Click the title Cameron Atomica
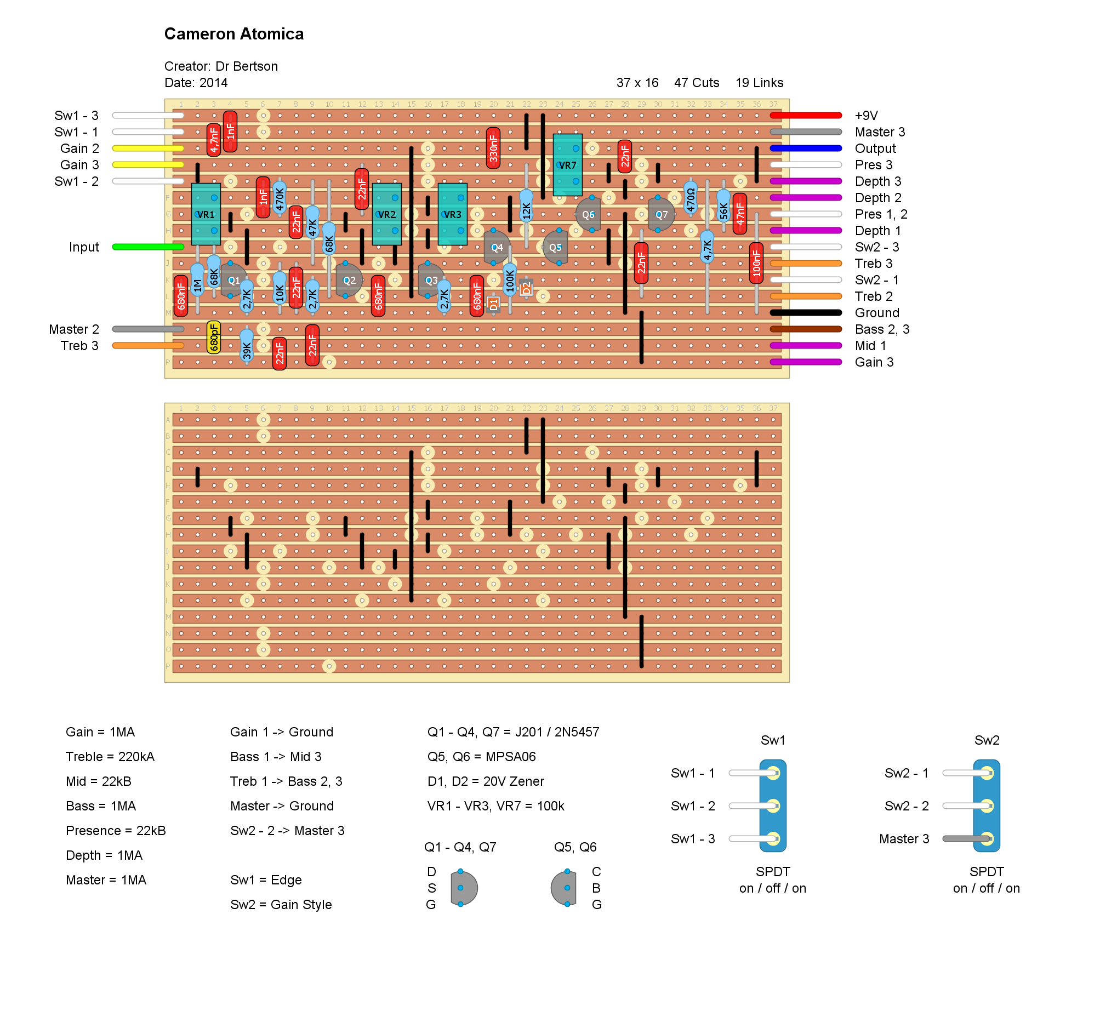pyautogui.click(x=234, y=35)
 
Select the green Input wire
pyautogui.click(x=148, y=247)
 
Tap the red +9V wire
pyautogui.click(x=806, y=116)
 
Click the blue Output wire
pyautogui.click(x=806, y=149)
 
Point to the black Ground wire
pyautogui.click(x=806, y=313)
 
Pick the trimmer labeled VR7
pyautogui.click(x=568, y=165)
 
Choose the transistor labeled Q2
pyautogui.click(x=349, y=281)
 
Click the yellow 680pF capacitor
pyautogui.click(x=214, y=338)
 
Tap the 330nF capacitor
pyautogui.click(x=494, y=148)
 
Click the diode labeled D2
pyautogui.click(x=526, y=288)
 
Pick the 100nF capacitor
pyautogui.click(x=756, y=264)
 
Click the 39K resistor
pyautogui.click(x=247, y=346)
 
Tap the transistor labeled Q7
pyautogui.click(x=661, y=215)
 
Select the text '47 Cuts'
pyautogui.click(x=697, y=83)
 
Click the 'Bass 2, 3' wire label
pyautogui.click(x=881, y=330)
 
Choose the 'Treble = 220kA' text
pyautogui.click(x=110, y=757)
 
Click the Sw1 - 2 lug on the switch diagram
pyautogui.click(x=773, y=806)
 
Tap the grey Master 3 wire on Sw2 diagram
pyautogui.click(x=966, y=839)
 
